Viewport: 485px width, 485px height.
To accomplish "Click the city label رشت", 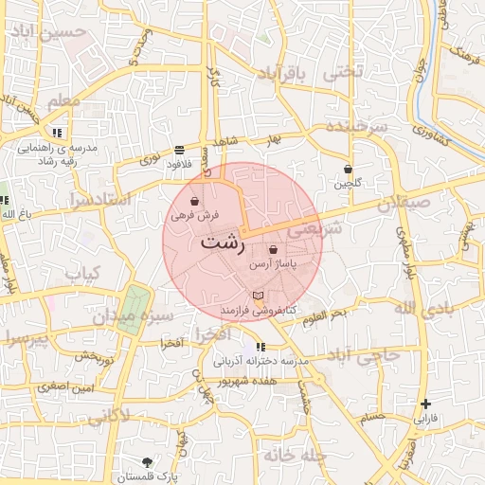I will pyautogui.click(x=224, y=242).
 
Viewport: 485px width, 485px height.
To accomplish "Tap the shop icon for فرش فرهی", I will pyautogui.click(x=194, y=202).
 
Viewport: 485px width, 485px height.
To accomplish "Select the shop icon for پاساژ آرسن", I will pyautogui.click(x=273, y=250).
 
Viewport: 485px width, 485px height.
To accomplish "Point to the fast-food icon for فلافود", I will pyautogui.click(x=179, y=150).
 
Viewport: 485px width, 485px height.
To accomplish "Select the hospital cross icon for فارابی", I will pyautogui.click(x=425, y=404).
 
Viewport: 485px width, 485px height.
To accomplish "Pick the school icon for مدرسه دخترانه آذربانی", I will pyautogui.click(x=260, y=347).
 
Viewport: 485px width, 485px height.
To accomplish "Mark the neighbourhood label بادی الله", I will pyautogui.click(x=418, y=309).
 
